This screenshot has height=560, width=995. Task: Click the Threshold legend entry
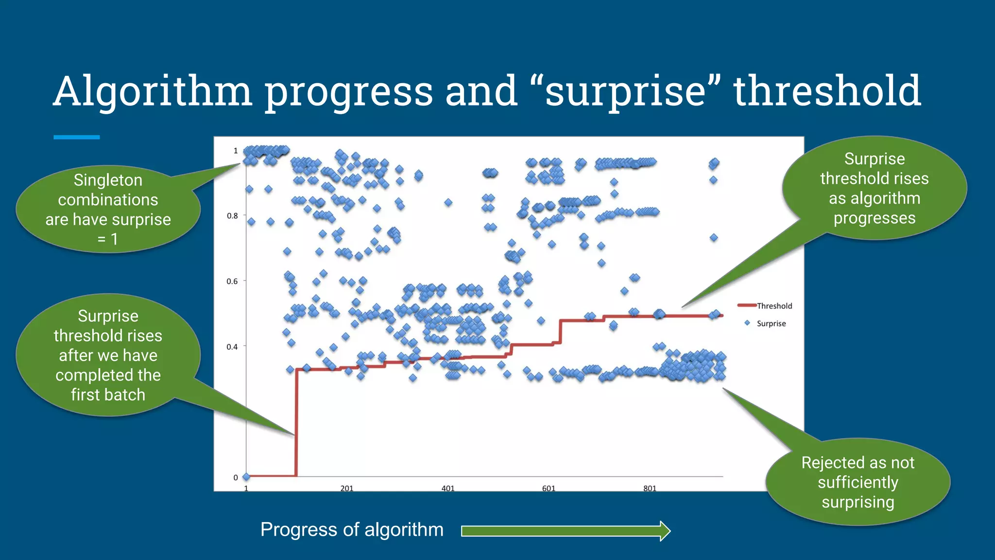click(774, 306)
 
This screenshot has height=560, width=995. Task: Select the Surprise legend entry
click(771, 323)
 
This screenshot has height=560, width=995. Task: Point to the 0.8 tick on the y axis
click(233, 216)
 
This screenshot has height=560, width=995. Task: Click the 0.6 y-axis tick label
click(232, 281)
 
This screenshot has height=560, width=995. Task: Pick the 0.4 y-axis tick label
click(232, 347)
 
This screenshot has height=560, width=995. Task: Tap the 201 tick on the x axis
click(346, 488)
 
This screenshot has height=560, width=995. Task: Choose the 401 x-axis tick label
click(447, 488)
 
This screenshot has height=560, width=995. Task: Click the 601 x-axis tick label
click(549, 488)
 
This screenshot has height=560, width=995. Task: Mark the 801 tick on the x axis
click(650, 488)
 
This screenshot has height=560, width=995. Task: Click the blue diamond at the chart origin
click(246, 477)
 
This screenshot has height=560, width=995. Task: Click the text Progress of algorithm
click(352, 529)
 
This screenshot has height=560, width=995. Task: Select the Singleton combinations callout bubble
click(108, 209)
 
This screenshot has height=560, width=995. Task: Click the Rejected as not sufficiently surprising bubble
click(858, 482)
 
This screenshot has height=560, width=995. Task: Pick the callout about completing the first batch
click(108, 355)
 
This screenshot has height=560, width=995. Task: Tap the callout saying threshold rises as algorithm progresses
click(874, 188)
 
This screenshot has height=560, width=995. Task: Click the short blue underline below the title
click(76, 138)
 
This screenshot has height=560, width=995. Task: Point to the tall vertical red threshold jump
click(296, 423)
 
